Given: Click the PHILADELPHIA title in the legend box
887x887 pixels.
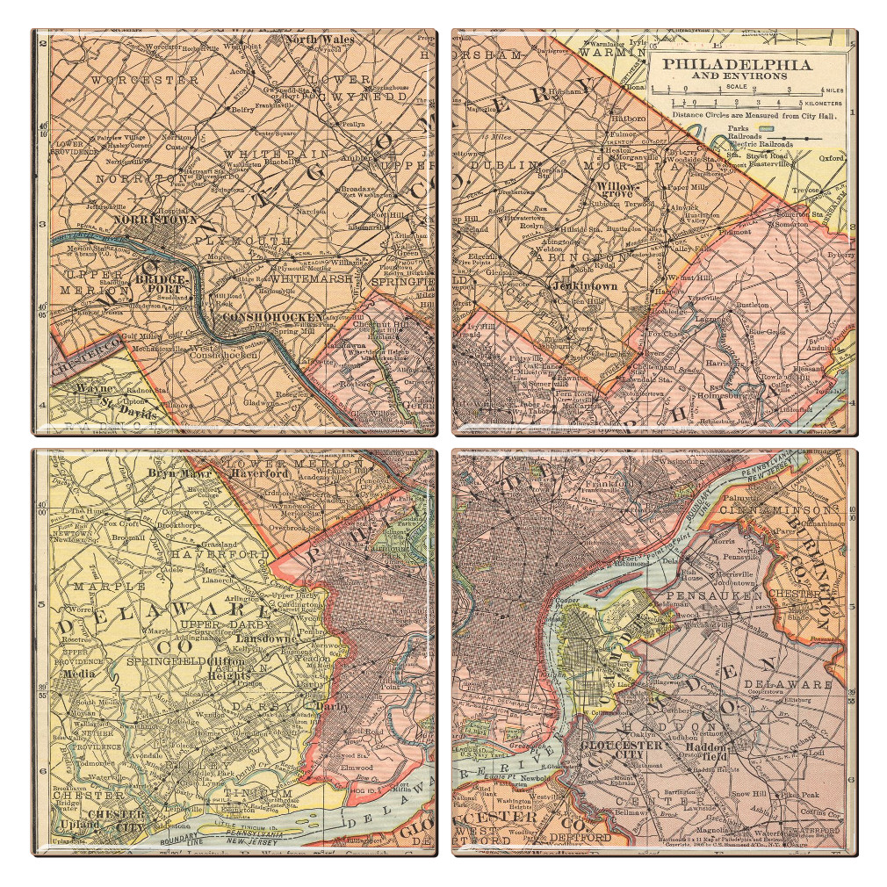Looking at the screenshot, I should pyautogui.click(x=736, y=64).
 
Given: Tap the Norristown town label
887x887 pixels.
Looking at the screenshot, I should pyautogui.click(x=155, y=220).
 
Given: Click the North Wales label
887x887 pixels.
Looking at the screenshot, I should pyautogui.click(x=319, y=40).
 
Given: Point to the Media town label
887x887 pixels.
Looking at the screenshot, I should pyautogui.click(x=78, y=674).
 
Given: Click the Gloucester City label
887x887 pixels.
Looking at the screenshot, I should pyautogui.click(x=620, y=749).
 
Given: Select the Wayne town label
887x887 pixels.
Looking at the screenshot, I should pyautogui.click(x=88, y=387).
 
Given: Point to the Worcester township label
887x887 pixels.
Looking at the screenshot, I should pyautogui.click(x=146, y=80).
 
